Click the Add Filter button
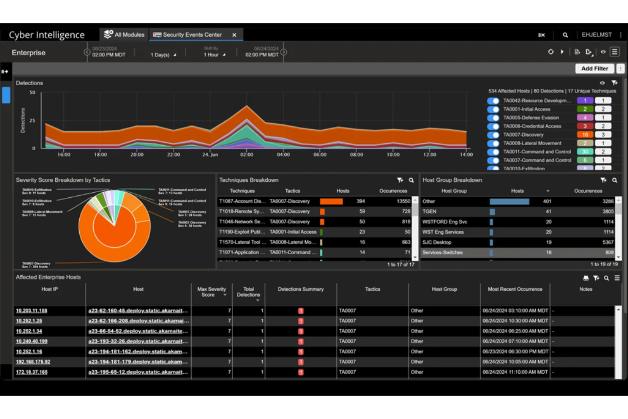[594, 68]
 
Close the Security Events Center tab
[234, 35]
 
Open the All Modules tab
[124, 35]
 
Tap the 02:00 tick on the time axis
[247, 155]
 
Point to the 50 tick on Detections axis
[32, 92]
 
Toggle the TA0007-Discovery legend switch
[493, 135]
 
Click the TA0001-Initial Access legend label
[527, 109]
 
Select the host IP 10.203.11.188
[31, 311]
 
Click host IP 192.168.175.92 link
[33, 362]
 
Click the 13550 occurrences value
[403, 201]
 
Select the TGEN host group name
[429, 211]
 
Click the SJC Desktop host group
[437, 242]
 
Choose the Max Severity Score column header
[211, 292]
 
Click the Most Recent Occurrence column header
[515, 289]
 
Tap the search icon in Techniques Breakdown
[411, 180]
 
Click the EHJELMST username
[597, 35]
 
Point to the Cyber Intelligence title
[47, 35]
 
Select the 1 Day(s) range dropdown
[163, 55]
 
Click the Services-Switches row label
[443, 253]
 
